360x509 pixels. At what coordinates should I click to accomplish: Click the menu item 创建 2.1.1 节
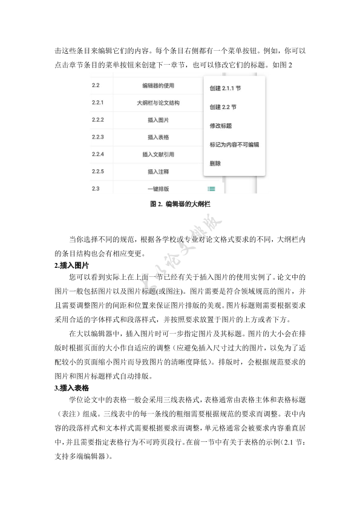pos(225,88)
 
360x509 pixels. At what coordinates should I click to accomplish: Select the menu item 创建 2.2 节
pos(223,107)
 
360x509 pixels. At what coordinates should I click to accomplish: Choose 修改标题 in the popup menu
pos(221,126)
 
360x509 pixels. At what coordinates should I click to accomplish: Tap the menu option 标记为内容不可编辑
pos(234,145)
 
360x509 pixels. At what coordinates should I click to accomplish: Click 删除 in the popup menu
pos(215,163)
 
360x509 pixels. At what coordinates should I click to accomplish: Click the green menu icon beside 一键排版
pos(212,189)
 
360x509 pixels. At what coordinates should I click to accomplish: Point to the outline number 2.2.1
pos(98,103)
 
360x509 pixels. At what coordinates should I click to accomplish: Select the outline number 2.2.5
pos(98,172)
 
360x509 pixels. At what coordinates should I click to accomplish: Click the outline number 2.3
pos(95,189)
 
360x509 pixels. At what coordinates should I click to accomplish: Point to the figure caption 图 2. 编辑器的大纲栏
pos(180,204)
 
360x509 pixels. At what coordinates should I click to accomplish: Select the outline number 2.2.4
pos(98,155)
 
